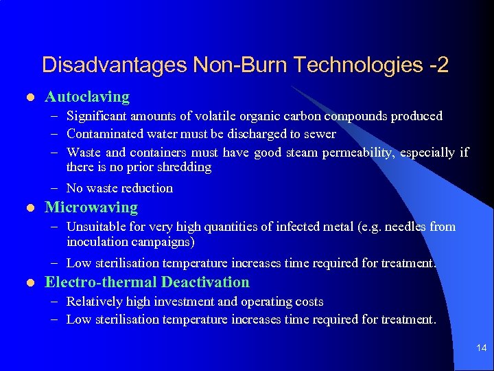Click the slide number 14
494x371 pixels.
click(x=481, y=349)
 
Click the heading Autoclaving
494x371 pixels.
click(x=86, y=97)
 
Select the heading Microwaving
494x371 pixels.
click(x=91, y=207)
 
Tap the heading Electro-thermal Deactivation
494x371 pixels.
click(x=147, y=282)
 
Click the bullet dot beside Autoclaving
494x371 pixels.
click(x=25, y=98)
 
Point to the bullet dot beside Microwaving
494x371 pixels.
click(x=25, y=208)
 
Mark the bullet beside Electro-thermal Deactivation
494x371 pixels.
click(x=25, y=283)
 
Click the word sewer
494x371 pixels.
click(x=319, y=134)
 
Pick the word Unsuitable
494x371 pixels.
click(x=97, y=227)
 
